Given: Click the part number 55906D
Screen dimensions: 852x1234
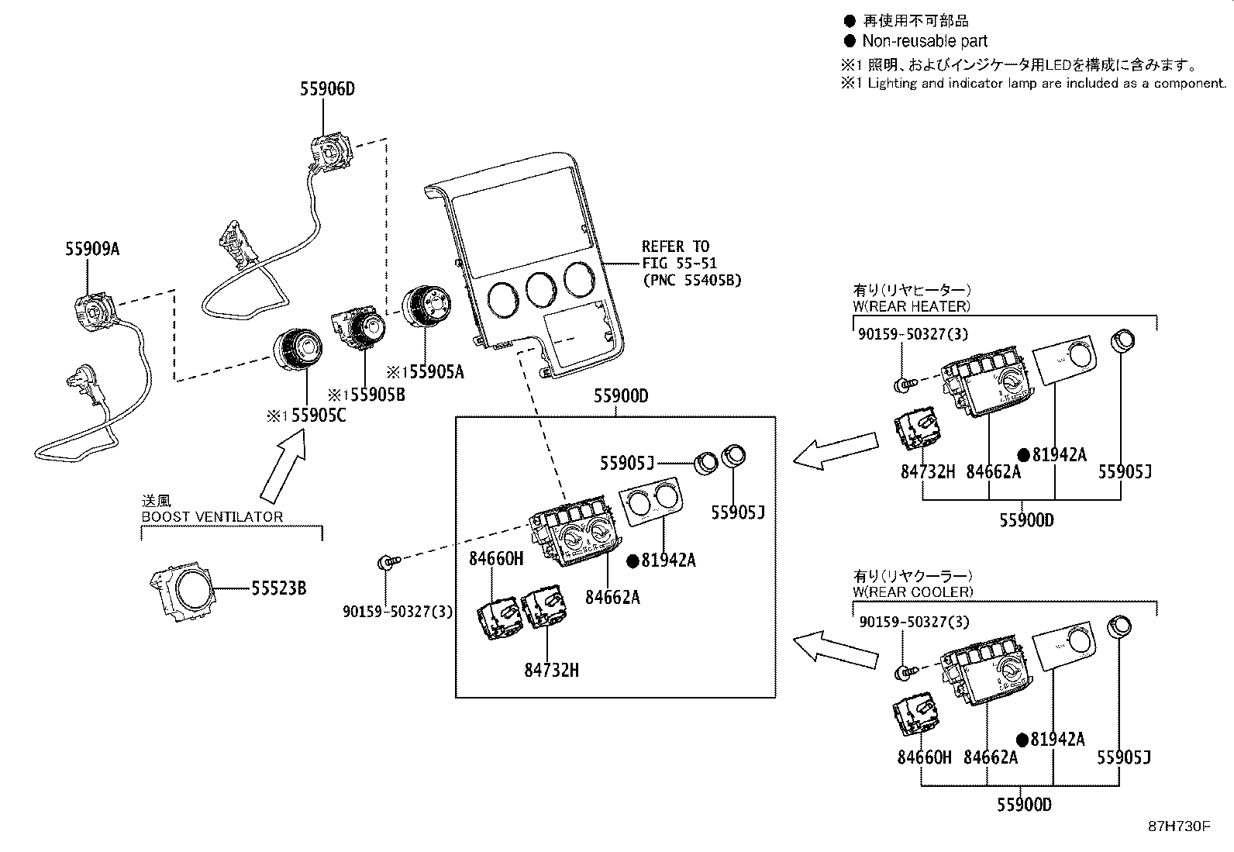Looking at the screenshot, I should tap(327, 89).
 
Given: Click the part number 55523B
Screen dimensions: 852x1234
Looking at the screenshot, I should tap(278, 588).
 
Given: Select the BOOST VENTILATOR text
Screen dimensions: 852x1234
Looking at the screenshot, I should tap(212, 516).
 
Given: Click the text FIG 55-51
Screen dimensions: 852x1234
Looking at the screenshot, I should tap(680, 264).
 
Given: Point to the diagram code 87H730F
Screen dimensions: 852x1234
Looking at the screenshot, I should tap(1178, 826).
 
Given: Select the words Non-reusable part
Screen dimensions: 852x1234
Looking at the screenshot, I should tap(925, 41).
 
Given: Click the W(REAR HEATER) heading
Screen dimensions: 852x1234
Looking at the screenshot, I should tap(912, 305).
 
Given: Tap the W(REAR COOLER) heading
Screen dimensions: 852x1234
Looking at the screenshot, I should tap(913, 592).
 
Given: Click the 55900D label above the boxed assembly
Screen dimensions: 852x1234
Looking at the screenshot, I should tap(621, 396).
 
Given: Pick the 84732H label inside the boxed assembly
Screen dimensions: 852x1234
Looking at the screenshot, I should tap(551, 670).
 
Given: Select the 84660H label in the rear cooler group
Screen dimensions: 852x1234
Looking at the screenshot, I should tap(925, 757).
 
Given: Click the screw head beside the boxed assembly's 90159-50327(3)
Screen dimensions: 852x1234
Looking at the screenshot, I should tap(385, 561).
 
